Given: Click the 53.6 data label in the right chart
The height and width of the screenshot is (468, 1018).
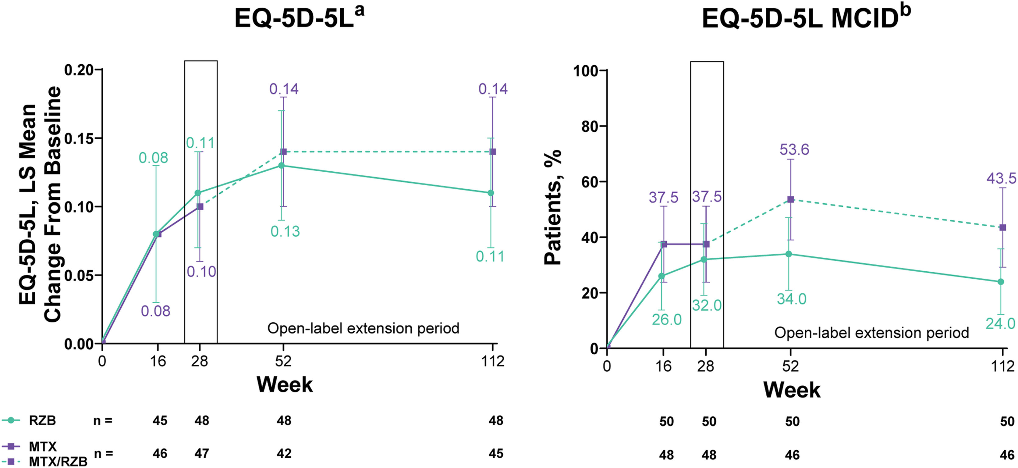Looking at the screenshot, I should tap(794, 150).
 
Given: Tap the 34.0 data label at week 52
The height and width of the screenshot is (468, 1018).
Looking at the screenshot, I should tap(792, 299).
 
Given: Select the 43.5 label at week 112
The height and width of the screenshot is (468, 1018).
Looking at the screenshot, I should tap(1001, 179).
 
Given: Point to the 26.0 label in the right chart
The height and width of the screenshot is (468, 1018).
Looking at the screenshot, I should tap(667, 320).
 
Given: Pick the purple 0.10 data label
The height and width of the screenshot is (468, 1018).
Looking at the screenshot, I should tap(201, 272).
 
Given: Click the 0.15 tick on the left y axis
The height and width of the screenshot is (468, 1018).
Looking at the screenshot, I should tap(79, 139).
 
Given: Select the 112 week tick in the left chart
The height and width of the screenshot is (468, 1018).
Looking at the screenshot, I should tap(493, 361).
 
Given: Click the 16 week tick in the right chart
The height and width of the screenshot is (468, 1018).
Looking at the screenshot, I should tap(664, 366).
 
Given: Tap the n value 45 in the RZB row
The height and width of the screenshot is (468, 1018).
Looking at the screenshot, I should tap(160, 420).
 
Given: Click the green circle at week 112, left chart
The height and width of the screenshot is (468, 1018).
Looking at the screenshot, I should tap(491, 193).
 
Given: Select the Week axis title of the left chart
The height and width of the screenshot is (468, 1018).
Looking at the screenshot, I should tap(285, 384).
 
